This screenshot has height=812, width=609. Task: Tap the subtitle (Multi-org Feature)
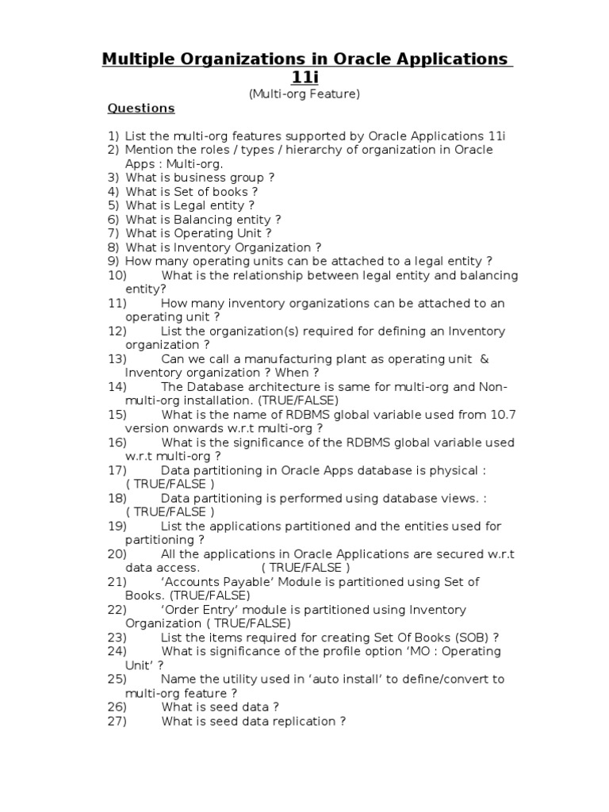[x=305, y=94]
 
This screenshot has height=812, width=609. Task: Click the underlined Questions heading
[x=141, y=109]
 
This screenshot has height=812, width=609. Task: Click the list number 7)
[x=113, y=233]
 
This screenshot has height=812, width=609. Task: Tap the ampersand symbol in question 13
[x=485, y=358]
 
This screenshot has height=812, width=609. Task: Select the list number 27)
[x=117, y=721]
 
